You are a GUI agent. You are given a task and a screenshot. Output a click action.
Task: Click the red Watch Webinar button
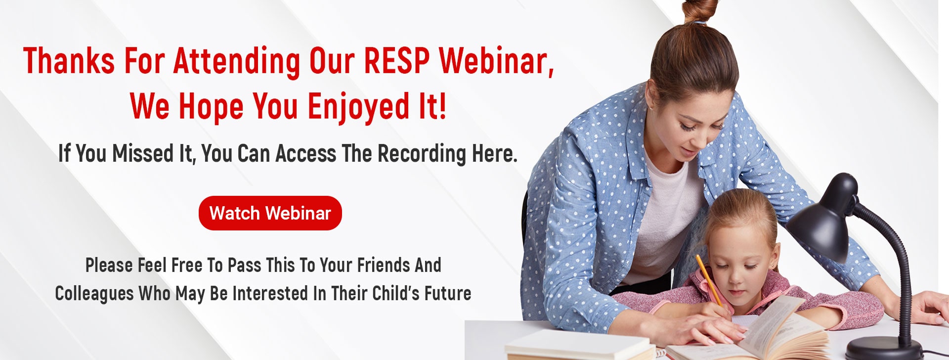[x=270, y=213]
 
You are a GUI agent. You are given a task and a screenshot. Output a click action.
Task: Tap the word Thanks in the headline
[x=69, y=61]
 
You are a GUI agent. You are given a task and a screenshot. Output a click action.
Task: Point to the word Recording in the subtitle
[x=422, y=154]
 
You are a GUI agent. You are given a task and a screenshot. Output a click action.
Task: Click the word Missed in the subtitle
[x=145, y=153]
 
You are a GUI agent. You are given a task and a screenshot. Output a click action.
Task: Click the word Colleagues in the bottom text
[x=94, y=294]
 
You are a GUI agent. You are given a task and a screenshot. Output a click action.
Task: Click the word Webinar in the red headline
[x=496, y=61]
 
